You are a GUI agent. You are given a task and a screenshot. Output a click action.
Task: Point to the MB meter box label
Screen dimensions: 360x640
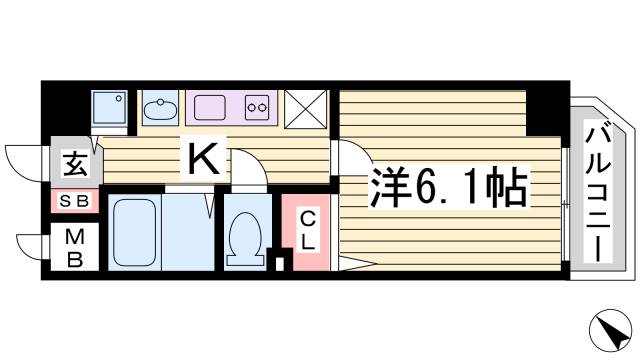76,248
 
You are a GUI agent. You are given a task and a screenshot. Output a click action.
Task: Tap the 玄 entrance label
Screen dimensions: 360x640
75,160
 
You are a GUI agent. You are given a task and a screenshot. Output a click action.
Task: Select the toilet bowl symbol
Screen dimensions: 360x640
244,235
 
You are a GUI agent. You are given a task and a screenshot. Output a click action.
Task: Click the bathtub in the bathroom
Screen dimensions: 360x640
135,232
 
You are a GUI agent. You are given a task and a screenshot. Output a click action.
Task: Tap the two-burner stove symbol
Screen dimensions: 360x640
257,107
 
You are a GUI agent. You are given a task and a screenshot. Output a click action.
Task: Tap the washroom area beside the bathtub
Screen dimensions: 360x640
188,232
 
